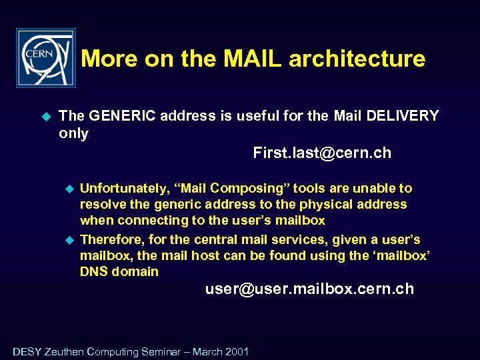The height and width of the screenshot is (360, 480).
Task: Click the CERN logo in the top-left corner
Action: (x=45, y=58)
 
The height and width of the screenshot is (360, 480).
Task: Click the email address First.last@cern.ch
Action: (x=322, y=153)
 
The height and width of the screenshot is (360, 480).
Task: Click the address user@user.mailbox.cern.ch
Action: (x=309, y=289)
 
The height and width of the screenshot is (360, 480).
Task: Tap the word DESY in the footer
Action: (x=27, y=351)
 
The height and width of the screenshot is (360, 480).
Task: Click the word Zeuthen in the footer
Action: (x=64, y=351)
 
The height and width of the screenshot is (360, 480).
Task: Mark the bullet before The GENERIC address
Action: (x=46, y=117)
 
